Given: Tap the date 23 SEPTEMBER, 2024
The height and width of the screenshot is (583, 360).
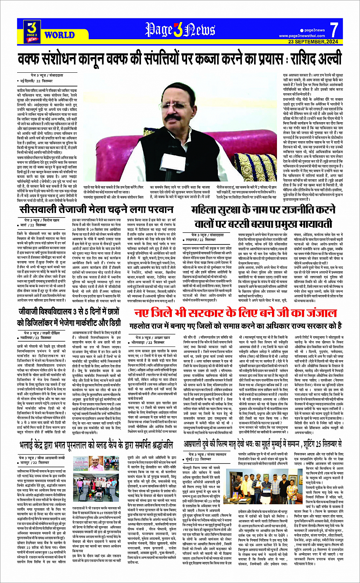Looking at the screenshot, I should point(313,42).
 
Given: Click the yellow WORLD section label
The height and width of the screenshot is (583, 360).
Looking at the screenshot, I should point(59,35).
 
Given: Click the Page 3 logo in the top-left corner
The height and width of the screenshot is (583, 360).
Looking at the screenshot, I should point(32,32).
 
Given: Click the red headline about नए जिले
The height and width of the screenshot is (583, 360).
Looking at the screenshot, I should point(235,313).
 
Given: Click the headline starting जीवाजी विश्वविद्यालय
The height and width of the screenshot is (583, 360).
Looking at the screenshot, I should point(69,311).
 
